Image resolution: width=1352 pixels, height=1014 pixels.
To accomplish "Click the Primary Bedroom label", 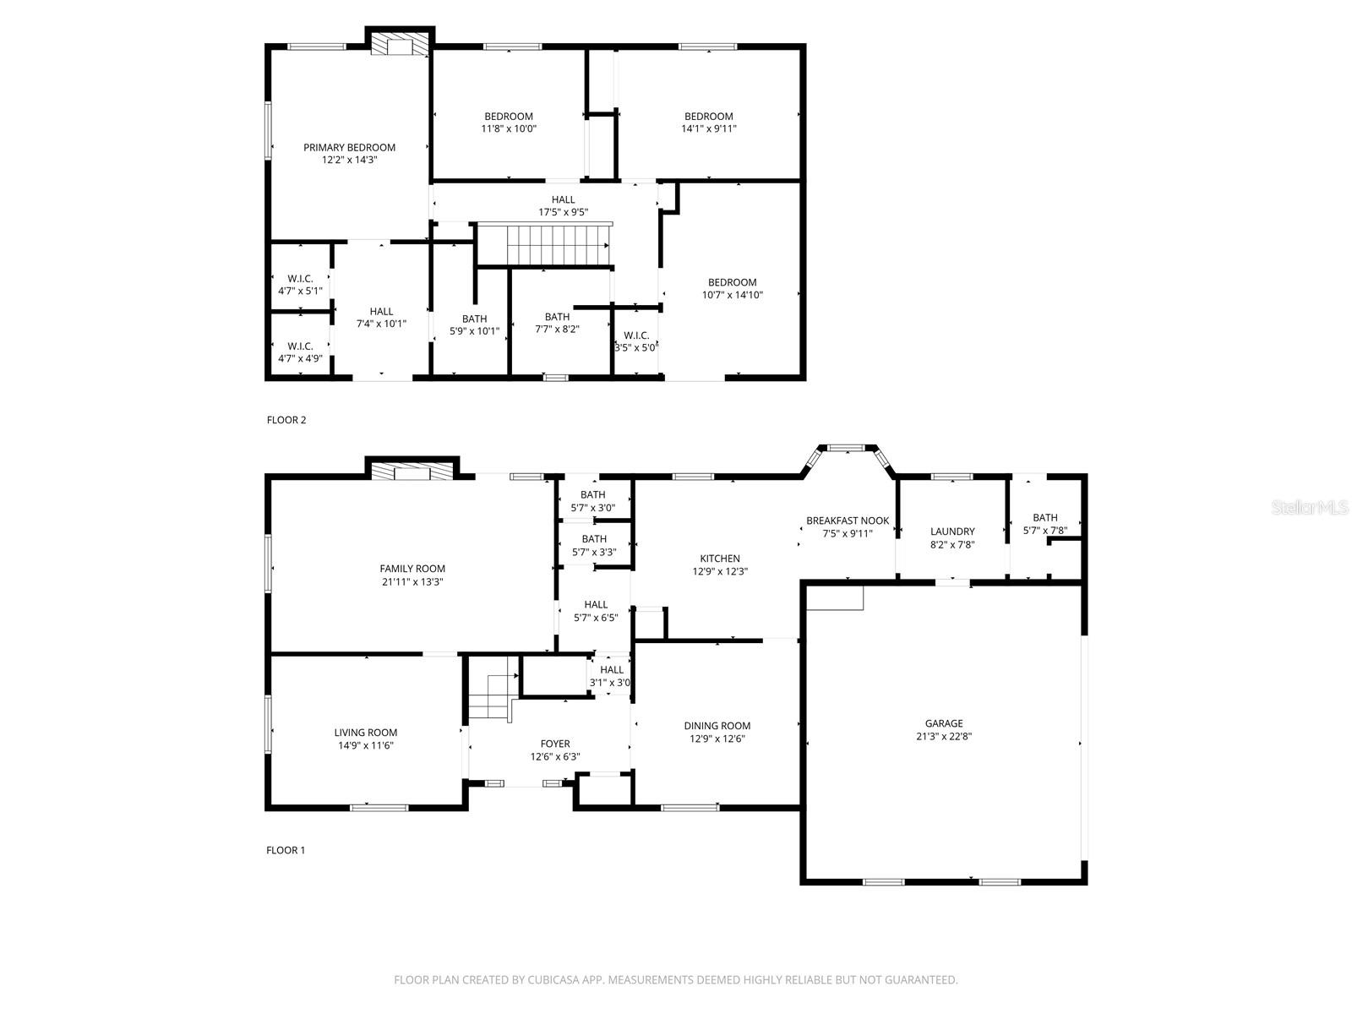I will coord(349,147).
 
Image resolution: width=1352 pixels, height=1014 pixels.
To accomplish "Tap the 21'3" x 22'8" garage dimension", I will coord(943,736).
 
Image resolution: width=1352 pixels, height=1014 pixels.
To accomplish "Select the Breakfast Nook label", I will coord(847,521).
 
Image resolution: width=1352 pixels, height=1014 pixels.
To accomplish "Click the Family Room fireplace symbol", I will coord(412,472).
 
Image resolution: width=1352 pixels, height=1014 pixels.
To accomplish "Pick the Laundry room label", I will coord(952,532).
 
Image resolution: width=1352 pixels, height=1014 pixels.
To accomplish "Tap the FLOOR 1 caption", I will coord(286,850).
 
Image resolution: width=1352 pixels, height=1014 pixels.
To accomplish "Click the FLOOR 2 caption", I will coord(286,420).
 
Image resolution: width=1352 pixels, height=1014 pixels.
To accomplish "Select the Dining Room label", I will coord(717,725).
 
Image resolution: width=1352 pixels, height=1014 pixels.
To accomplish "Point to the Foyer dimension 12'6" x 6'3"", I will coord(554,756).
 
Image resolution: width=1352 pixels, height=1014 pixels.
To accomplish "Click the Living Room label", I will coord(365,733).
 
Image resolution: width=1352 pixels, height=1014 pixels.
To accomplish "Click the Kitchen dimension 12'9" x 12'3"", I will coord(720,571).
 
